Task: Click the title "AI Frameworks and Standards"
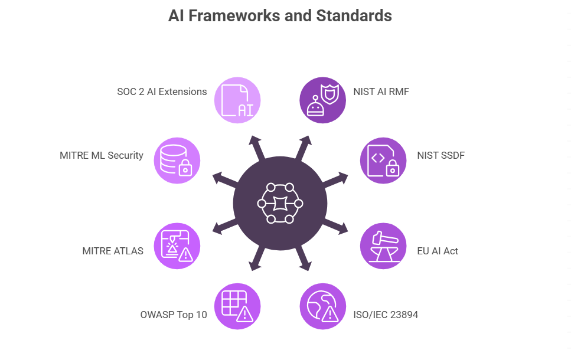[280, 16]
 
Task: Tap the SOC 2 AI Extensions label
[162, 91]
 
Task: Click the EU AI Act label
[438, 251]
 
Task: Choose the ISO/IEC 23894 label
[386, 315]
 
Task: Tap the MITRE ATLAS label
[113, 251]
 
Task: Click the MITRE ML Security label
[102, 155]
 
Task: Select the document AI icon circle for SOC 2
[237, 100]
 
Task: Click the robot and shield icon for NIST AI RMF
[323, 100]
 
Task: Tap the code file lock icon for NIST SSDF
[383, 161]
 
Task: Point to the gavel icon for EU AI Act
[383, 246]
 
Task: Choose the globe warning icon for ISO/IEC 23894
[323, 306]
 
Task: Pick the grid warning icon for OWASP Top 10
[237, 306]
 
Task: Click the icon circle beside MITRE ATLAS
[177, 246]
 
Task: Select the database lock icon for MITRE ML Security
[177, 161]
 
